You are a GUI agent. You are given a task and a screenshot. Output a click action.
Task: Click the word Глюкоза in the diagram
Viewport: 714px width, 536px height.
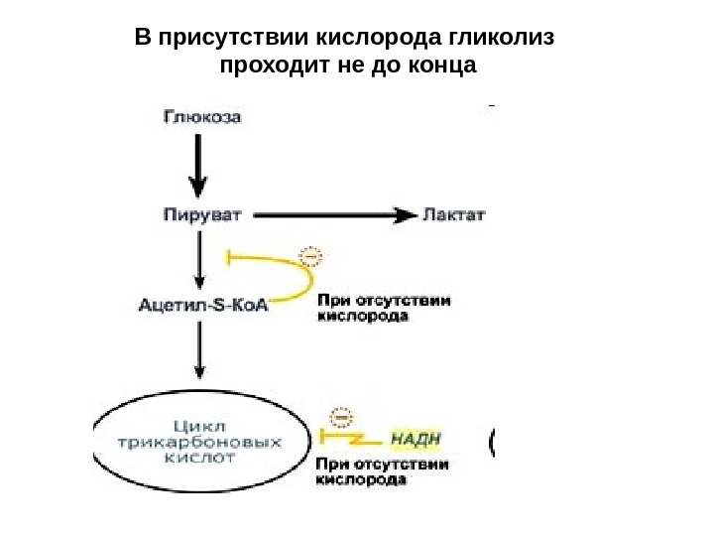[200, 116]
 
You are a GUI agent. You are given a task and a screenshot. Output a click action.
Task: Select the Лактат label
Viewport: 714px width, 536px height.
[454, 214]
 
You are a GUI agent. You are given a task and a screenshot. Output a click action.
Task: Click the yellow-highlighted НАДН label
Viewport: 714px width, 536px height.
[416, 438]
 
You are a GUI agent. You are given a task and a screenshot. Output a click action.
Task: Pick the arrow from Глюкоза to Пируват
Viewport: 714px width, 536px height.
[199, 164]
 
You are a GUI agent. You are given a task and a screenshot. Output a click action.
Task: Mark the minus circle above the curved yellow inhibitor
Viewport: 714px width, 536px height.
[312, 256]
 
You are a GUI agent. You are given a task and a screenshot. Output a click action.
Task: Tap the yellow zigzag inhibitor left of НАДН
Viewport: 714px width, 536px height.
[347, 438]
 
